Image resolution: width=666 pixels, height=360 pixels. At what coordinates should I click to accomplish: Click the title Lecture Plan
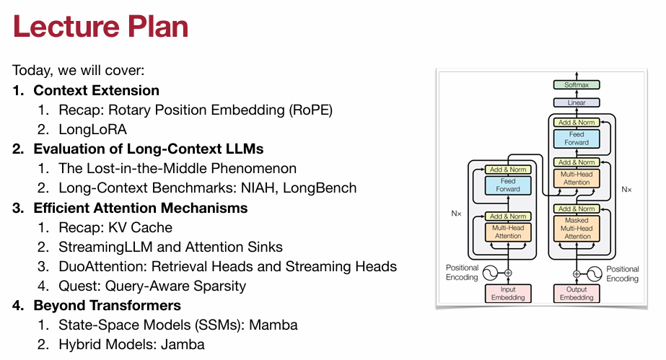point(100,27)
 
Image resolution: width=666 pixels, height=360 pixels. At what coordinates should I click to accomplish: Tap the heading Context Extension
point(96,91)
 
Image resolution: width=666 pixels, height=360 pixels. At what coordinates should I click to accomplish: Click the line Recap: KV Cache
point(115,227)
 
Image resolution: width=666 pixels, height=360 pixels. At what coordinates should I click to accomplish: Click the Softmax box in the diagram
point(577,85)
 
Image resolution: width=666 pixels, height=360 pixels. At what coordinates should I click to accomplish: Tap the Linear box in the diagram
point(577,102)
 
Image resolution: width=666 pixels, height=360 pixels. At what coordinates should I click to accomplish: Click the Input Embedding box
point(508,294)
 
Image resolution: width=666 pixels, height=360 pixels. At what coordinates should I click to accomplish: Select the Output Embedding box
point(577,294)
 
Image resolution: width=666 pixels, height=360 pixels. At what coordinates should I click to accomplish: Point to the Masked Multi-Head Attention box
point(577,227)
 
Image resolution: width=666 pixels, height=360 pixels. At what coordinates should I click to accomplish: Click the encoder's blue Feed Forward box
point(508,185)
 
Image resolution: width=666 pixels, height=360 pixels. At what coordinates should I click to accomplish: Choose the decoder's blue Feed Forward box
point(577,139)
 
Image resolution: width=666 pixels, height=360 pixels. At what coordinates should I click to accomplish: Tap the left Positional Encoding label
point(461,273)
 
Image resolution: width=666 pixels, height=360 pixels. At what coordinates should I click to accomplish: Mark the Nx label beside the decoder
point(627,190)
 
